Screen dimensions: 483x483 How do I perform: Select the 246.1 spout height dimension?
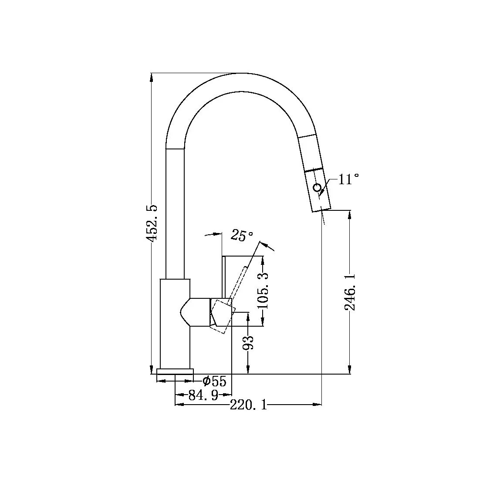349,292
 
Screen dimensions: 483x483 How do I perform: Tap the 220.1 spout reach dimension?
248,405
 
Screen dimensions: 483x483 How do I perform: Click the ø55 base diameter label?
215,382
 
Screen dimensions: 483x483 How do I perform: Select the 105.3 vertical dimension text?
263,291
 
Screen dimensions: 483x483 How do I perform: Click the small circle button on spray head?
317,188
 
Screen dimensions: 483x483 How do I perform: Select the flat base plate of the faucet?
175,371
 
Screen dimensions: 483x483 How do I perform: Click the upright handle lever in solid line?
224,277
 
